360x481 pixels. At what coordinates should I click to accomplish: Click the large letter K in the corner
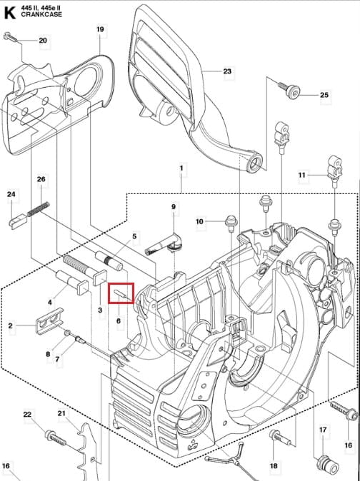[9, 13]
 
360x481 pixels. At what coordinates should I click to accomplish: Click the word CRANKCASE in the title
[41, 14]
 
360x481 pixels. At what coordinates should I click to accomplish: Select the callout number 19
[100, 29]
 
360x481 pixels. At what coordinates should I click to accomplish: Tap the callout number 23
[227, 71]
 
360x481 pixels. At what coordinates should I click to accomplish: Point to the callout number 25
[324, 95]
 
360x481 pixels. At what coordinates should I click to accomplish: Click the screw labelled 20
[11, 38]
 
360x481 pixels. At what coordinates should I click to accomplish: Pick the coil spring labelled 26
[38, 208]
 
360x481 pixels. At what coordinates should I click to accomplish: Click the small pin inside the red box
[120, 293]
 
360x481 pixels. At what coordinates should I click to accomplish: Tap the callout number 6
[118, 321]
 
